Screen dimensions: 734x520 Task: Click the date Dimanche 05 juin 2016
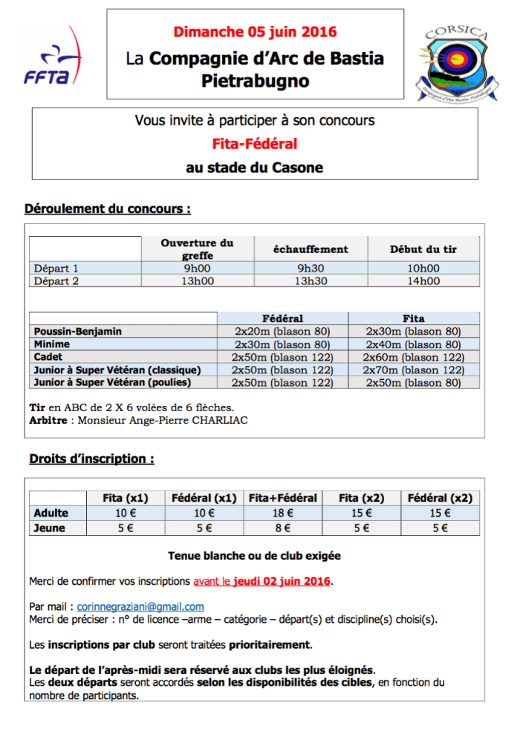point(255,32)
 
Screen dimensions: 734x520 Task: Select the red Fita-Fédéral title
point(255,144)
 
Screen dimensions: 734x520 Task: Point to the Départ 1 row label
point(56,268)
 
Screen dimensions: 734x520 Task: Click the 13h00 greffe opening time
point(197,281)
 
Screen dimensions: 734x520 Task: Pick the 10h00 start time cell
point(423,268)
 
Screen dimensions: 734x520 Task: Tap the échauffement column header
point(311,249)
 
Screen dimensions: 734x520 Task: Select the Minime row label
point(52,344)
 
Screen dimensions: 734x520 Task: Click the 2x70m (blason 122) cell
point(414,370)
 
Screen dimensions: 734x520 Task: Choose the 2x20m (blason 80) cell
point(282,332)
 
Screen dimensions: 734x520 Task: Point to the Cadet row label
point(49,357)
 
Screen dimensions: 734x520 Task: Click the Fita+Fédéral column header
point(282,498)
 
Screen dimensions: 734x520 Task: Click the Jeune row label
point(50,528)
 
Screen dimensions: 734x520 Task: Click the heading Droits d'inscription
point(91,459)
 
